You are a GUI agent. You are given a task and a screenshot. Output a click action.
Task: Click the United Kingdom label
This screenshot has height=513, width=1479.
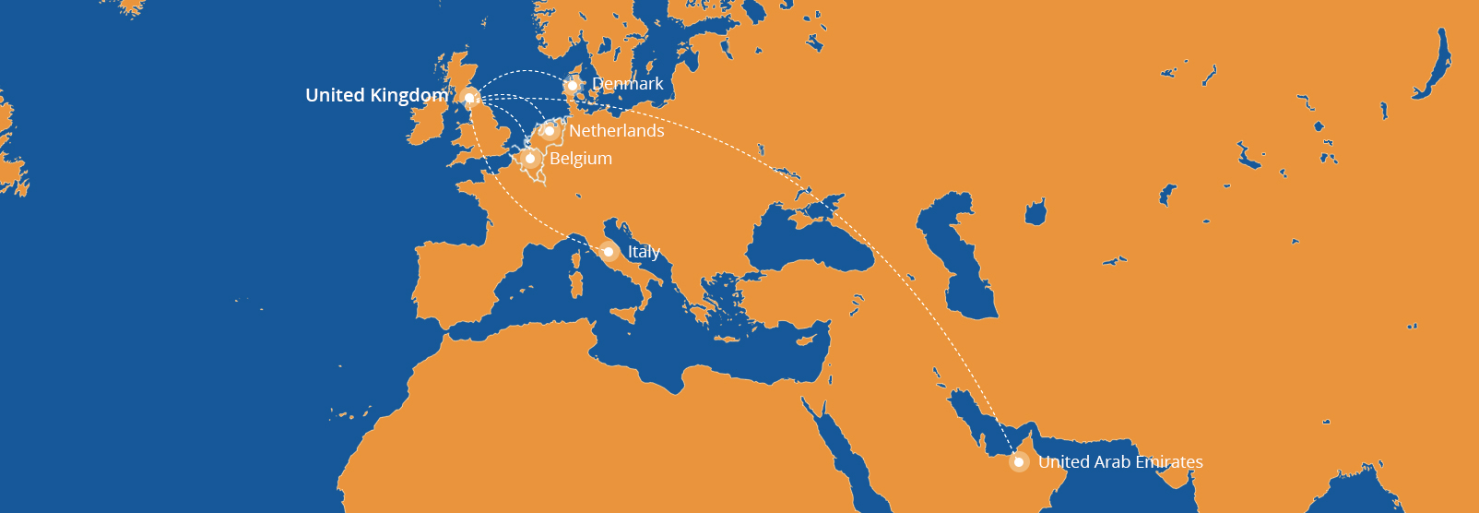click(x=376, y=95)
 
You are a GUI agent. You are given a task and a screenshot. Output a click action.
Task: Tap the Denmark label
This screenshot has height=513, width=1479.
click(x=627, y=84)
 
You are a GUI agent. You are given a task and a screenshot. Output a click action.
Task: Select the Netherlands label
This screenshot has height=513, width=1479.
click(x=616, y=131)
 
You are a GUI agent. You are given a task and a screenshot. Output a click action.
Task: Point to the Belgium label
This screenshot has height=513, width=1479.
click(x=581, y=159)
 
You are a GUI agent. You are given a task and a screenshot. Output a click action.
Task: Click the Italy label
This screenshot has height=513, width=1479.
click(x=644, y=252)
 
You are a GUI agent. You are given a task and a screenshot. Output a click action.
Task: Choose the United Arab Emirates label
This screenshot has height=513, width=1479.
click(x=1120, y=462)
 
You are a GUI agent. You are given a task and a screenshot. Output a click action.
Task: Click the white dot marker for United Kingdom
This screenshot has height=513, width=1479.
click(x=469, y=98)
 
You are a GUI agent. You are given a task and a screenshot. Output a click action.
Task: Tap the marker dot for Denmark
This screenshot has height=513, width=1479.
click(x=573, y=86)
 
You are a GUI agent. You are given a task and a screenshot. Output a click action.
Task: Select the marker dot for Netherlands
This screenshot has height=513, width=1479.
click(x=550, y=131)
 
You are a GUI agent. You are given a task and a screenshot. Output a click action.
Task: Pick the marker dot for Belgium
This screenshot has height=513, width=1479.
click(x=529, y=159)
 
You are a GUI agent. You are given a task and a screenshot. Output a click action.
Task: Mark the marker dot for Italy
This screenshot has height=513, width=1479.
click(x=609, y=252)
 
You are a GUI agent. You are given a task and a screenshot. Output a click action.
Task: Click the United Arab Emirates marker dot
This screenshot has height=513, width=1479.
click(x=1019, y=462)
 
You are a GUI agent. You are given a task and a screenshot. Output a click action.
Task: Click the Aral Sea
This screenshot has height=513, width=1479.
click(x=1035, y=212)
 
